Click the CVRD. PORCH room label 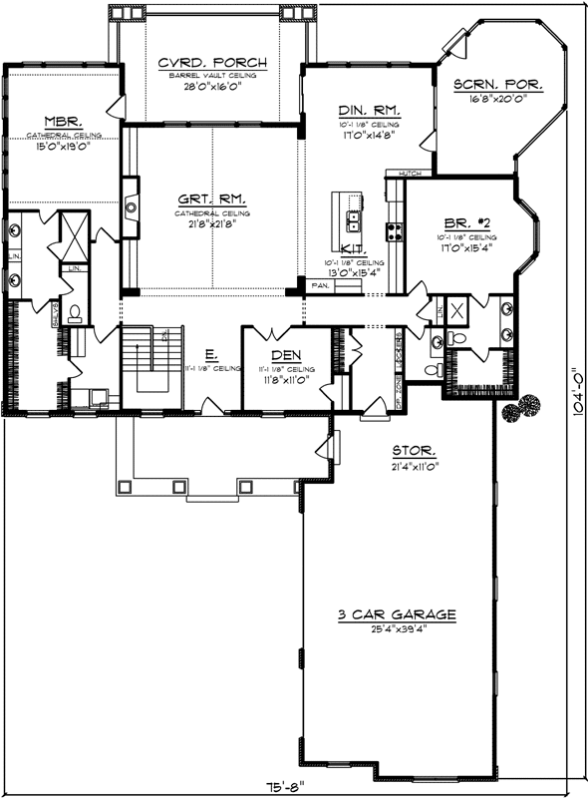pyautogui.click(x=210, y=63)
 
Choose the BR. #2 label pyautogui.click(x=464, y=226)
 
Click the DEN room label pyautogui.click(x=287, y=354)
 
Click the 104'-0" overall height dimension pyautogui.click(x=577, y=397)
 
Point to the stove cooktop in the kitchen pyautogui.click(x=395, y=232)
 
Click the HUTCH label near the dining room pyautogui.click(x=408, y=174)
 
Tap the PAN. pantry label pyautogui.click(x=320, y=285)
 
